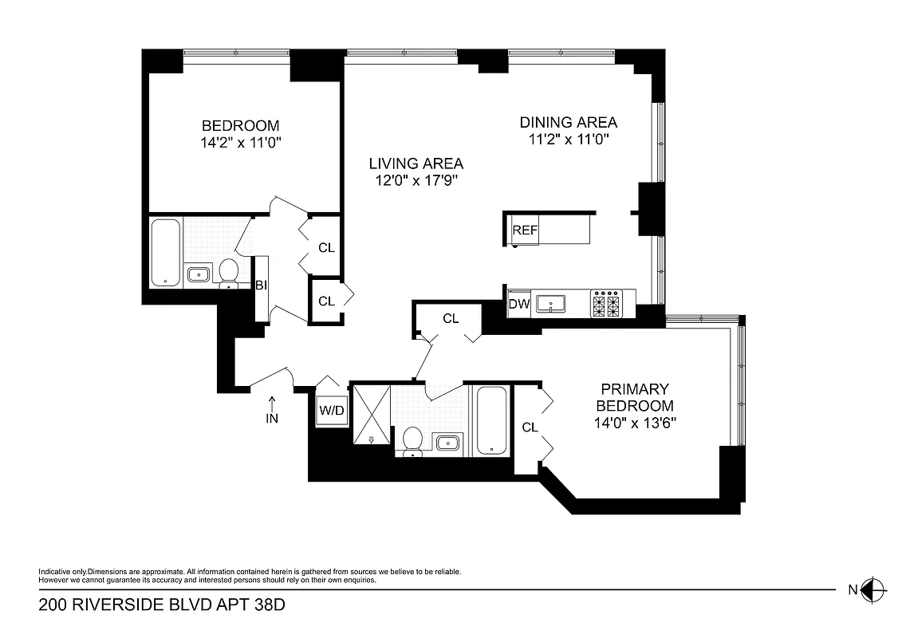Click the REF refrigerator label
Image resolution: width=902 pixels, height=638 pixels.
click(x=525, y=230)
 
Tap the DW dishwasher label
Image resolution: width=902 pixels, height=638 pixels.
click(x=519, y=303)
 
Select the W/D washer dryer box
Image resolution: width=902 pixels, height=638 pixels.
click(x=332, y=411)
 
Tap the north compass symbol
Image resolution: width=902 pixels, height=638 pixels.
click(x=874, y=590)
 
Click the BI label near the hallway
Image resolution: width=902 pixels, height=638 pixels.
click(x=260, y=285)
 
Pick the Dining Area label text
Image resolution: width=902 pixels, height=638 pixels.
click(x=568, y=122)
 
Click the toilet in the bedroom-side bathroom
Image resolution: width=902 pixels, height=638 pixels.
click(x=229, y=271)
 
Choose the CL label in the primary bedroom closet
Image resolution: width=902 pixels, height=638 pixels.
click(x=530, y=427)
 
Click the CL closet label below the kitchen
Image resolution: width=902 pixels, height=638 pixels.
click(x=451, y=319)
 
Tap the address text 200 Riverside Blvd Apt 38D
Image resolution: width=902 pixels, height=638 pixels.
click(x=162, y=605)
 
